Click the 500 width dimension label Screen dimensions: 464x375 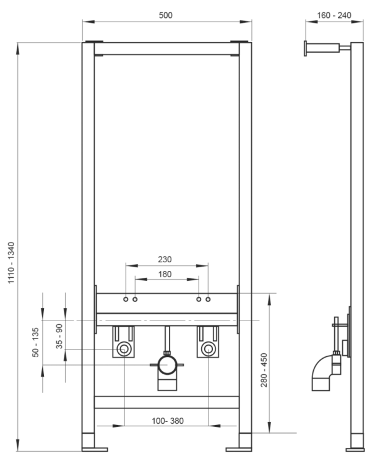pos(165,14)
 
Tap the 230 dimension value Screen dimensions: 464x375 pos(165,260)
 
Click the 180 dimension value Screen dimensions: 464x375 pos(165,274)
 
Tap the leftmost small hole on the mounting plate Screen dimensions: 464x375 pos(126,299)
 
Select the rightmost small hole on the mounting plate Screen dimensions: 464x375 pos(208,299)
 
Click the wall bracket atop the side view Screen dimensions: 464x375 pos(322,48)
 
